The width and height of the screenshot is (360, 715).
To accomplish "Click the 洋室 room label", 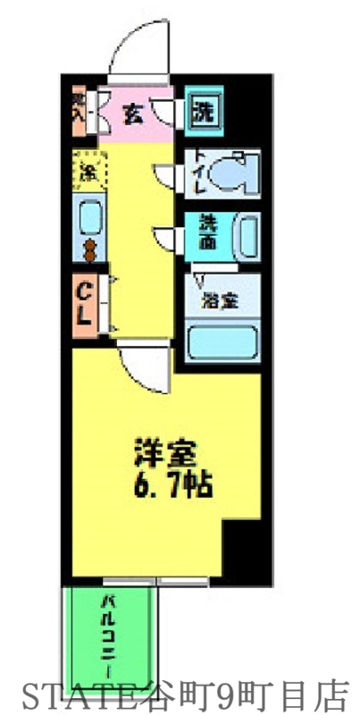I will [163, 452].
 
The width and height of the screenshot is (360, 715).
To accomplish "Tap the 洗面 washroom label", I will [205, 233].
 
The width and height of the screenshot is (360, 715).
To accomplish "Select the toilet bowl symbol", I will [239, 172].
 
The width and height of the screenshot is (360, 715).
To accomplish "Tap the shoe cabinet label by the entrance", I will [80, 109].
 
